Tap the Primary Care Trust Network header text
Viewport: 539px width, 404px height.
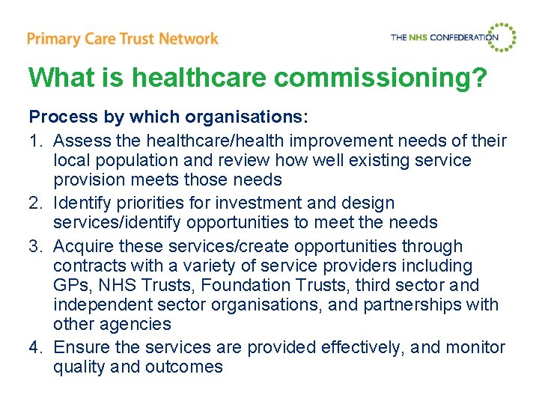pyautogui.click(x=122, y=38)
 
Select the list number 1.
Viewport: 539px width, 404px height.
pyautogui.click(x=34, y=141)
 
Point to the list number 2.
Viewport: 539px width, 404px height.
pyautogui.click(x=34, y=203)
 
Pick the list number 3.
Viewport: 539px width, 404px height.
pyautogui.click(x=34, y=246)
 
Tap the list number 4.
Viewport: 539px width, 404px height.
pyautogui.click(x=34, y=348)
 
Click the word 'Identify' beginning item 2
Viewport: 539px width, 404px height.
pyautogui.click(x=82, y=203)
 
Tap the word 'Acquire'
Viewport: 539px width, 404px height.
pyautogui.click(x=83, y=246)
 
